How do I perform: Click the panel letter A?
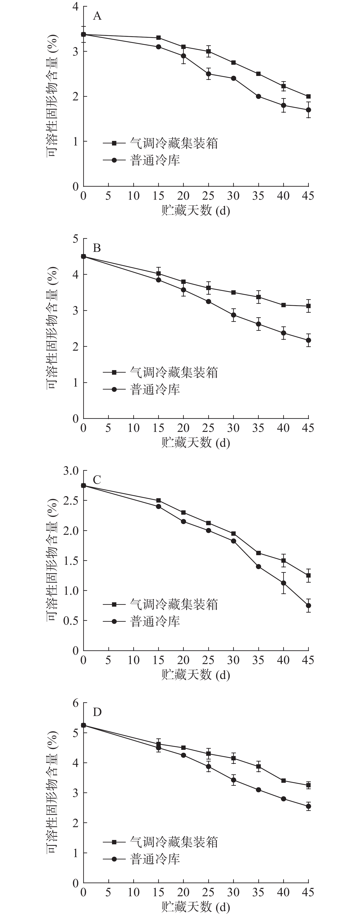(x=97, y=16)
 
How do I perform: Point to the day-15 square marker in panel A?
(x=159, y=38)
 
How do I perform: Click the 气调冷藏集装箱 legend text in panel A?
(x=174, y=143)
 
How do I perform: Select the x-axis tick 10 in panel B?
(x=133, y=428)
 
